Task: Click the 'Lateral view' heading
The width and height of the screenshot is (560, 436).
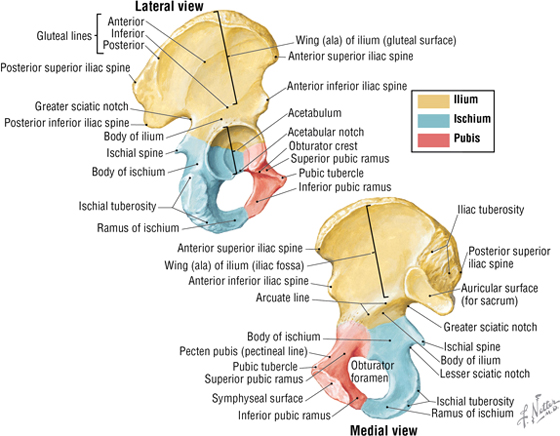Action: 169,6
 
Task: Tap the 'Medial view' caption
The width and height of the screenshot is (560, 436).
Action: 383,430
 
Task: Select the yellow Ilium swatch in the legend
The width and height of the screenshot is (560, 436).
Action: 434,100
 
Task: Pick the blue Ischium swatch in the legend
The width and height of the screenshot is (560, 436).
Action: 434,120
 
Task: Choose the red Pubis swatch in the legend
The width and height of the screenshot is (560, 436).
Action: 434,139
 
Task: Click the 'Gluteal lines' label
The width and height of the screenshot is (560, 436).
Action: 64,36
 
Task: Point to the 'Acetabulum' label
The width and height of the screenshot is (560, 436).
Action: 315,113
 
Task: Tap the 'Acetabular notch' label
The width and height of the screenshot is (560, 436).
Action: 326,132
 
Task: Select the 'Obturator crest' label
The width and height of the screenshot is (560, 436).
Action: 323,146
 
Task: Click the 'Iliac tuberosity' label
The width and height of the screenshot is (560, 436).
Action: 491,210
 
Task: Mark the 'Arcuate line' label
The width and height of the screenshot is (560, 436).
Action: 282,297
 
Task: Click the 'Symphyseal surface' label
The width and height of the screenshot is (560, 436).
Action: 257,398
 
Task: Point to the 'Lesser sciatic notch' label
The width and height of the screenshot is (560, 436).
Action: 485,374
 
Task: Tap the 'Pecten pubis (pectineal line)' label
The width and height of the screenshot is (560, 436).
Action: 243,351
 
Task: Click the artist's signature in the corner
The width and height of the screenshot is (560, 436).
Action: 538,410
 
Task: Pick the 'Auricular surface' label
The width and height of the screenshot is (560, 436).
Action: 499,288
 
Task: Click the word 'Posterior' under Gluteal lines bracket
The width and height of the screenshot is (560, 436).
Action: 124,45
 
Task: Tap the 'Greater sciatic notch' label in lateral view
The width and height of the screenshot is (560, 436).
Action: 81,106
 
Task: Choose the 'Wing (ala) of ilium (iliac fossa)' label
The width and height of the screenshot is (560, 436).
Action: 234,265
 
